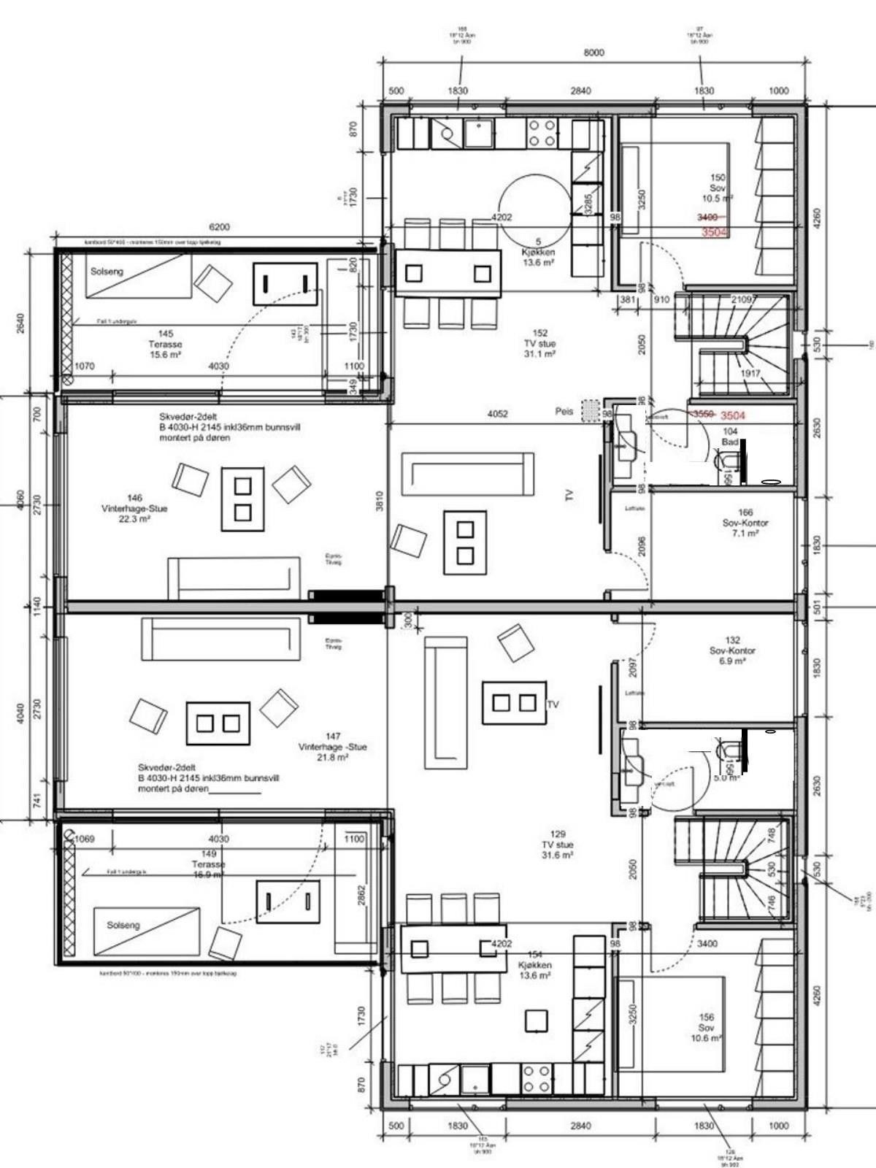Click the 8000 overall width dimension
coord(594,53)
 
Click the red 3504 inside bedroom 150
coord(715,232)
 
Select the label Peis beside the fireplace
coord(564,412)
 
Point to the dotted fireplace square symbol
coord(590,411)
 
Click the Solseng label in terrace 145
coord(107,271)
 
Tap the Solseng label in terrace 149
coord(123,925)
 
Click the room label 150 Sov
coord(718,188)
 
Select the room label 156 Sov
coord(706,1027)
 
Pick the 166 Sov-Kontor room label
coord(745,523)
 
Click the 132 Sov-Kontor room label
coord(732,650)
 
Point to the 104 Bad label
coord(730,437)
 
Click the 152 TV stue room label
coord(540,343)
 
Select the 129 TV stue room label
coord(556,845)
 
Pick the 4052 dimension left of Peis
coord(498,414)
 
